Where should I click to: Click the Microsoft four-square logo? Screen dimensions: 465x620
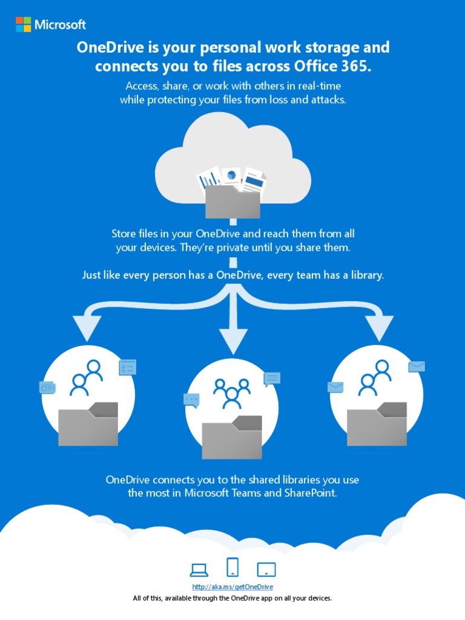click(24, 24)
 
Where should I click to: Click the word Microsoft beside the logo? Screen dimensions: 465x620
click(60, 25)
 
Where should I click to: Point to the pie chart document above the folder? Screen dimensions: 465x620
click(231, 176)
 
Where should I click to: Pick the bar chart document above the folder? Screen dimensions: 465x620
click(210, 179)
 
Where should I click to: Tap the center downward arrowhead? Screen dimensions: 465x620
click(232, 341)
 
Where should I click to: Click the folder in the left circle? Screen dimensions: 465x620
click(88, 423)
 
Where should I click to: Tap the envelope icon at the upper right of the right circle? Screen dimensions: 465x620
click(417, 366)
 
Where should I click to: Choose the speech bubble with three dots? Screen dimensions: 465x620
click(191, 400)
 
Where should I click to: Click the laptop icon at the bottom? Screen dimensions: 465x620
click(199, 569)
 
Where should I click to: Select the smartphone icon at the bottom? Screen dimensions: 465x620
click(232, 567)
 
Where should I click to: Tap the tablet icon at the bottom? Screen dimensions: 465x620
click(266, 569)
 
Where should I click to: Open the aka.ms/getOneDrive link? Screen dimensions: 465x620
click(232, 587)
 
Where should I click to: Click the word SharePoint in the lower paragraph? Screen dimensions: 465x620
click(309, 493)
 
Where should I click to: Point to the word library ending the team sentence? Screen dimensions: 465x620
click(366, 275)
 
